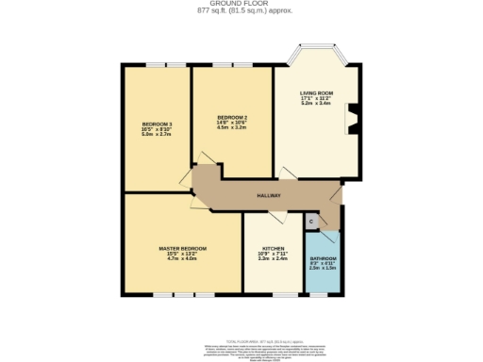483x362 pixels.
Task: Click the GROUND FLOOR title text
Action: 241,4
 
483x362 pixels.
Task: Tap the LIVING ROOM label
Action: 315,92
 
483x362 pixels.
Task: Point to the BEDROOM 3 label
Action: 158,124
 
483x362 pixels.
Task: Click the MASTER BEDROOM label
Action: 182,248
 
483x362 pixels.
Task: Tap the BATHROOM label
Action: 323,259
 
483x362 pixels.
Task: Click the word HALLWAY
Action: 270,196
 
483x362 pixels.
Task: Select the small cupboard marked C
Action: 311,221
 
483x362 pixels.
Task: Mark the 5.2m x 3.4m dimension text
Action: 315,104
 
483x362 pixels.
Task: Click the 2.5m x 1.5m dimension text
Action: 323,270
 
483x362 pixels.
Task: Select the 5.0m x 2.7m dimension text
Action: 158,135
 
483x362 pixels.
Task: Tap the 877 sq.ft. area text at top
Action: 241,10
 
